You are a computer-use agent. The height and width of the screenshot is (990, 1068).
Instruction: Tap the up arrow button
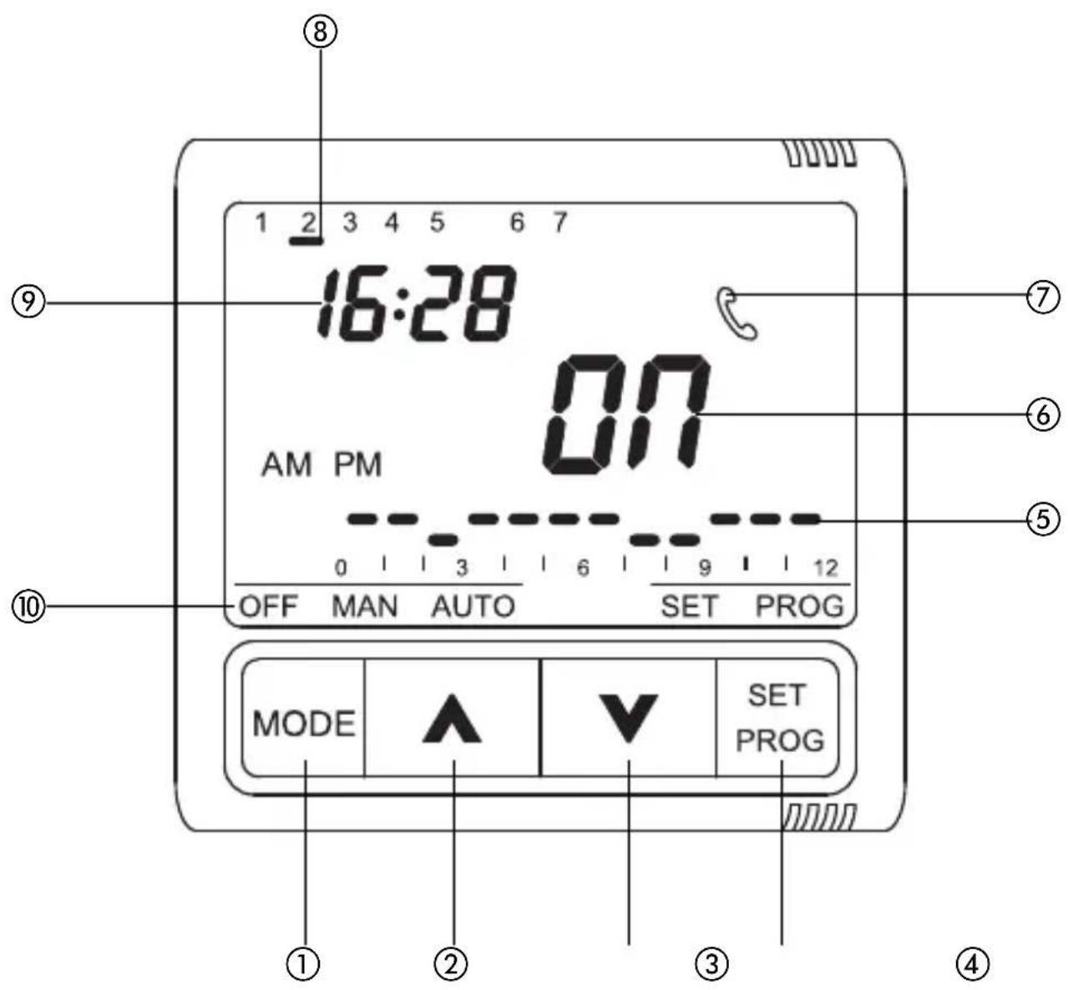point(452,718)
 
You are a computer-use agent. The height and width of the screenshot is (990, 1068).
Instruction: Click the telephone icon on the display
point(738,314)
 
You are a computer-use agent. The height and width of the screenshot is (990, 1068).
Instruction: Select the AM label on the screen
point(286,465)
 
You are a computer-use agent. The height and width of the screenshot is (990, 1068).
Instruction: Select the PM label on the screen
point(358,465)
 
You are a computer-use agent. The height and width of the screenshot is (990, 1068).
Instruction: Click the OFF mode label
point(268,606)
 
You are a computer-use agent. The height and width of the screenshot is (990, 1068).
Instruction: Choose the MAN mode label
point(365,606)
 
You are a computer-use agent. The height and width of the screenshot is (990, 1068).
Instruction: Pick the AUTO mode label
point(473,606)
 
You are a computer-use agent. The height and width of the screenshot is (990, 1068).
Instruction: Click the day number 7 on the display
point(559,223)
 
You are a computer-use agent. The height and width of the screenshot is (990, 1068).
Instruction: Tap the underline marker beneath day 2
point(307,241)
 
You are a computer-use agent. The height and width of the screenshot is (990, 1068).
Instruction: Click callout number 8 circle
point(321,33)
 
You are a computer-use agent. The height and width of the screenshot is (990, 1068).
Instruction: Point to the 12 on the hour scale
point(825,569)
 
